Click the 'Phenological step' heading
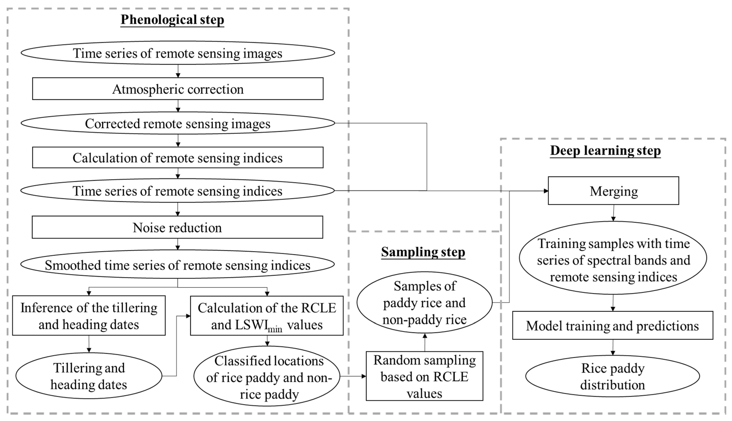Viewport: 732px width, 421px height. point(172,20)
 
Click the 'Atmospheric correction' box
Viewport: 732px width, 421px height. point(178,89)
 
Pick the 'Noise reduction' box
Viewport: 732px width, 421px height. point(177,227)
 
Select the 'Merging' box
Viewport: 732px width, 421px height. point(613,191)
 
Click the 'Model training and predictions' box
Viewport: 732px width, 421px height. point(612,326)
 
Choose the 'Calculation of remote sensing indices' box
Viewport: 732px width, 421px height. point(178,158)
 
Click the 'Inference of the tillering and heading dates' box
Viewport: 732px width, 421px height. point(89,316)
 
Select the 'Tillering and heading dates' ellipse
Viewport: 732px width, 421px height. point(89,376)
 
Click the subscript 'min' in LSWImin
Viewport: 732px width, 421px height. point(275,329)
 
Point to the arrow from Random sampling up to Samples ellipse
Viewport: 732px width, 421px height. point(425,343)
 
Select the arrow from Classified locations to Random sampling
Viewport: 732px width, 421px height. point(353,376)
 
